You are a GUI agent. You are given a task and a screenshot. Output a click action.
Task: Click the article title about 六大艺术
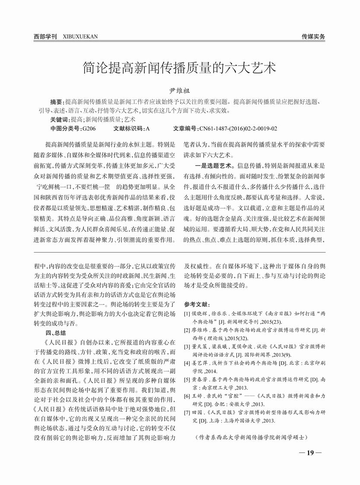pyautogui.click(x=179, y=68)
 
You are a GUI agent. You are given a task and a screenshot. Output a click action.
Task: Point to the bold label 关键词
pyautogui.click(x=60, y=120)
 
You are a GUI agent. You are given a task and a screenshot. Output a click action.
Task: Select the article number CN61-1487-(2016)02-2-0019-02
pyautogui.click(x=238, y=128)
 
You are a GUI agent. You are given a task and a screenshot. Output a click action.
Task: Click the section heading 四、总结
pyautogui.click(x=56, y=333)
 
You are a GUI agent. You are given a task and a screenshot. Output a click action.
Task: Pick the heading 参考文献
pyautogui.click(x=197, y=304)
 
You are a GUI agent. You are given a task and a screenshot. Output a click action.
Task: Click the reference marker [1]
pyautogui.click(x=187, y=314)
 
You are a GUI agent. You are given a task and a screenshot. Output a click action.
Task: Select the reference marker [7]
pyautogui.click(x=187, y=412)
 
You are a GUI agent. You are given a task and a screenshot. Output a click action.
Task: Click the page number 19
pyautogui.click(x=310, y=453)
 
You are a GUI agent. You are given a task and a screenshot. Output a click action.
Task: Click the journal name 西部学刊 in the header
pyautogui.click(x=45, y=37)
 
